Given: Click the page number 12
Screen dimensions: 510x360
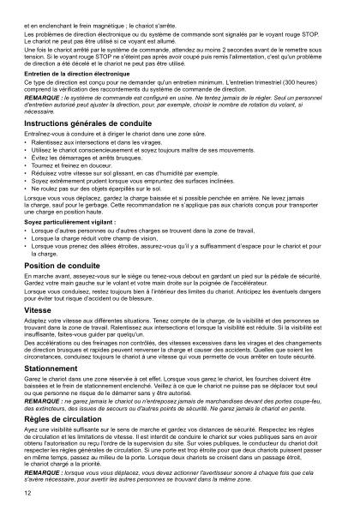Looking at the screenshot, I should (x=28, y=495).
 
